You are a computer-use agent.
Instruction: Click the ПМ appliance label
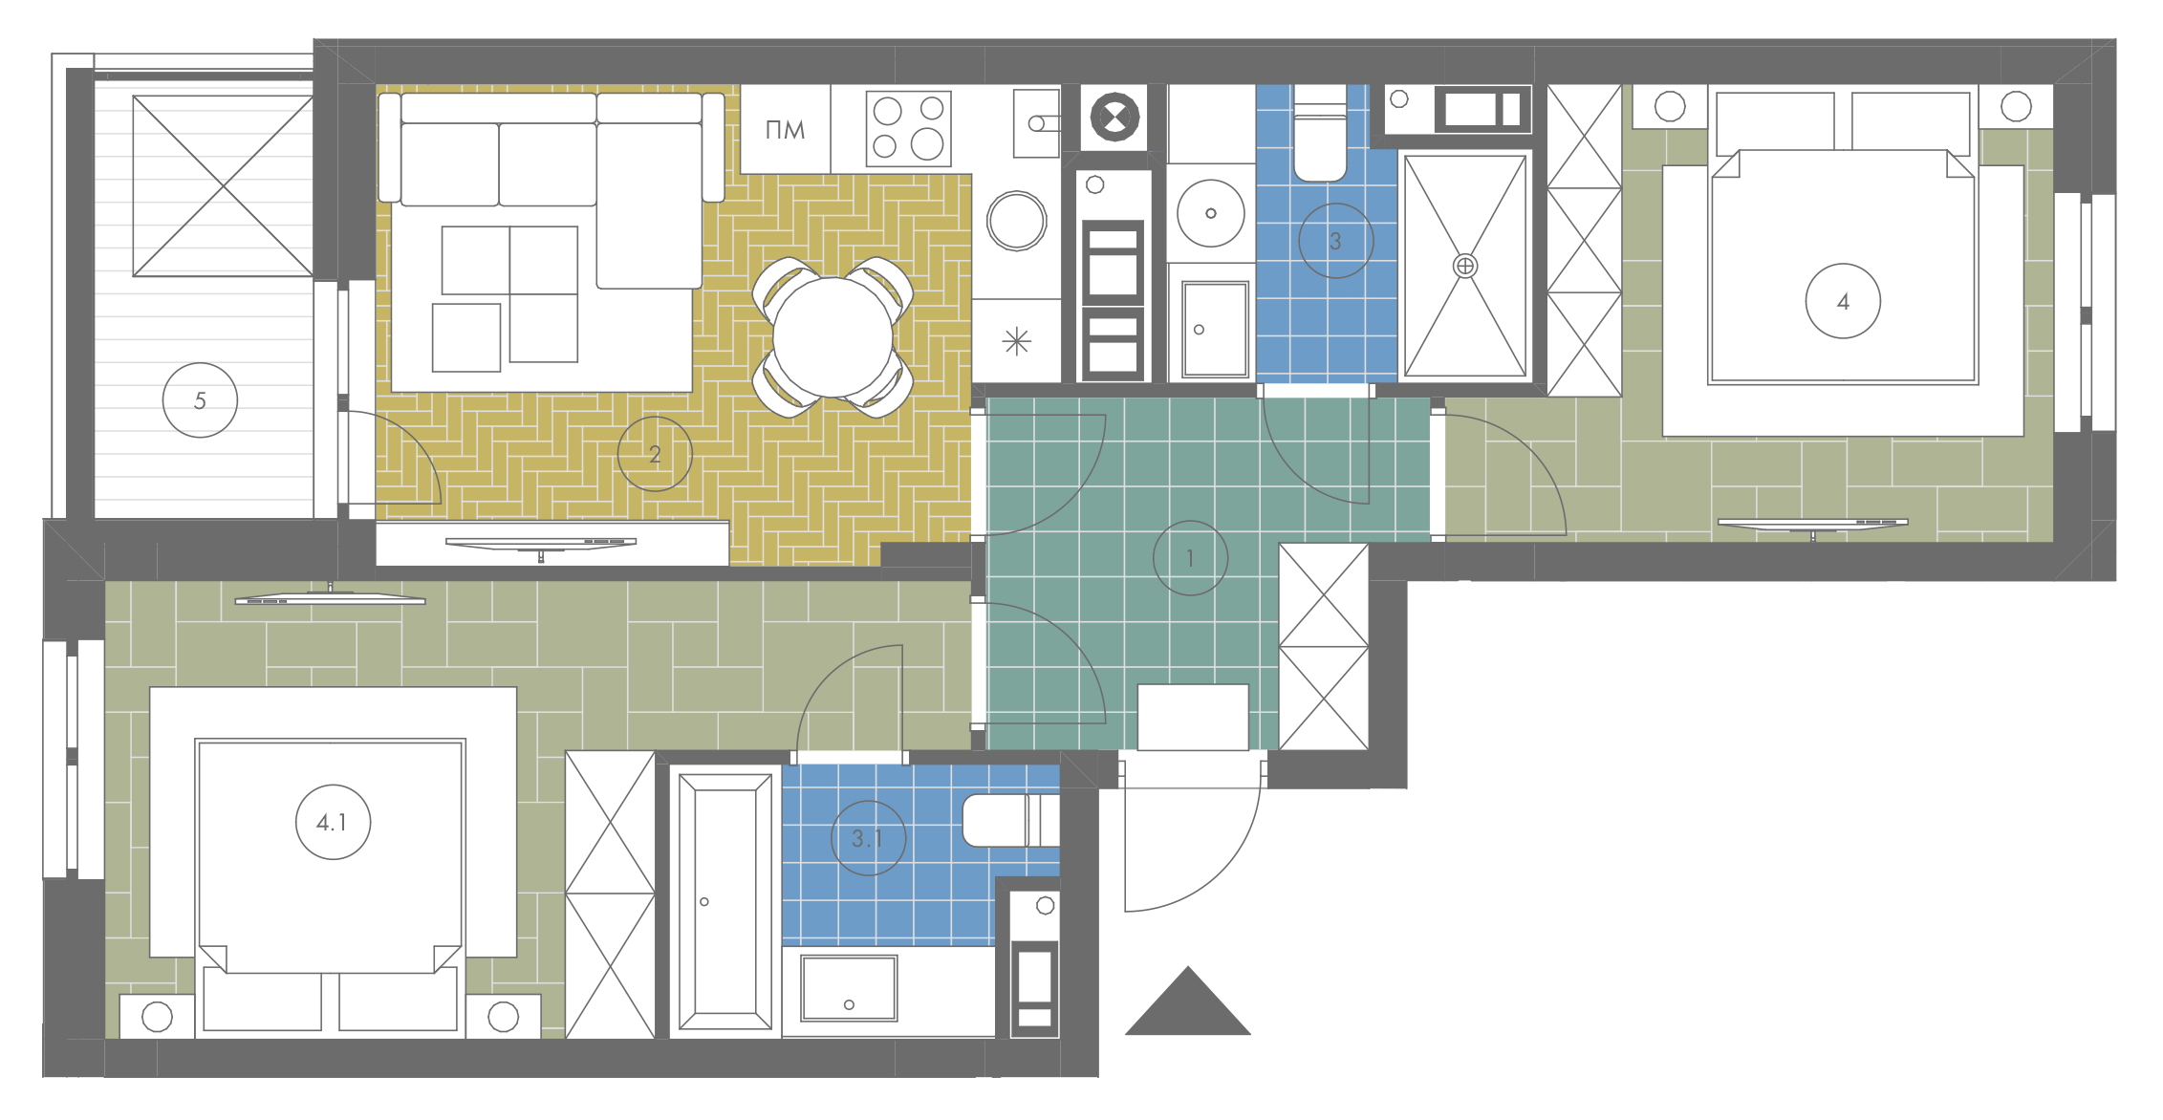[786, 130]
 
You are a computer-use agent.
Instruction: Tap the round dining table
[833, 337]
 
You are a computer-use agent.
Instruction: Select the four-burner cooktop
[908, 128]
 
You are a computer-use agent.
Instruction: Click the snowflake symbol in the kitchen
[1017, 341]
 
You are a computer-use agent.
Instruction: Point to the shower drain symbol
[1465, 266]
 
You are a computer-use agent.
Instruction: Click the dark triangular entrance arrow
[1188, 1001]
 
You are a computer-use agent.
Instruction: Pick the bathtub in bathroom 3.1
[725, 902]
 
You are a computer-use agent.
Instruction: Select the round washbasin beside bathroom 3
[1211, 213]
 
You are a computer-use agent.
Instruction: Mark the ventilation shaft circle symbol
[1114, 118]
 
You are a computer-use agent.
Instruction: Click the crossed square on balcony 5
[223, 185]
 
